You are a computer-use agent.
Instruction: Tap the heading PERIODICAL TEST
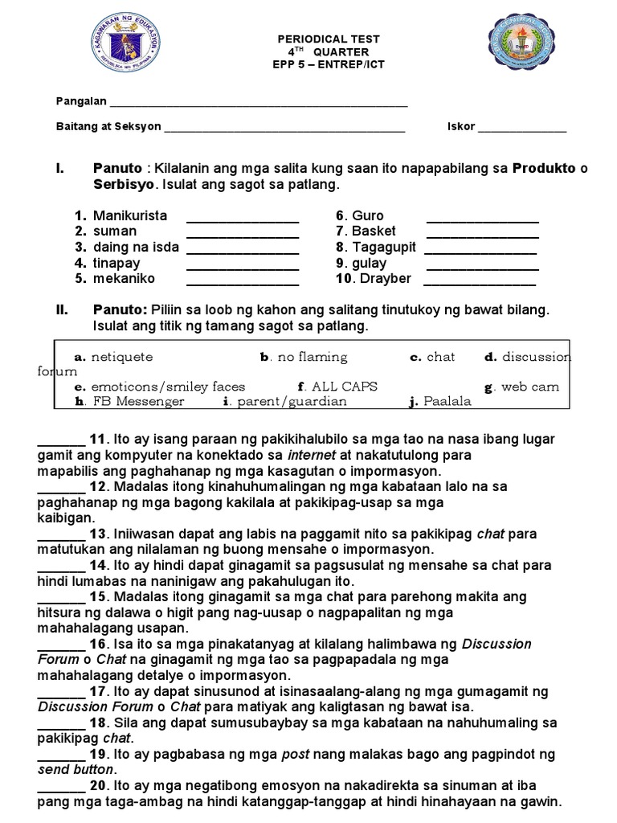point(329,38)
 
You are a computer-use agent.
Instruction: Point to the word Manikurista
point(130,215)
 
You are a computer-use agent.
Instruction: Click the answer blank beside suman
point(242,235)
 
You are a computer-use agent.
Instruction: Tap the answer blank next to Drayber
point(480,283)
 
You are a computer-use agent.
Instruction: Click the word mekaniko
point(125,279)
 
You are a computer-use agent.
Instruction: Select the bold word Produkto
point(545,168)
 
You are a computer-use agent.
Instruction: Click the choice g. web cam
point(521,387)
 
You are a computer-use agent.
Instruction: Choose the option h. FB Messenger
point(129,402)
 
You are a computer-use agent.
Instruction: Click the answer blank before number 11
point(61,442)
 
